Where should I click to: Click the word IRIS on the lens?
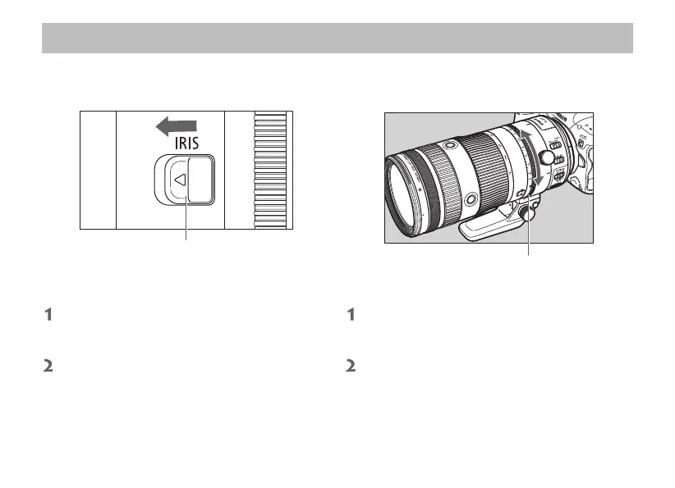pyautogui.click(x=187, y=144)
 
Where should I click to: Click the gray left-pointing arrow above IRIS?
pyautogui.click(x=176, y=126)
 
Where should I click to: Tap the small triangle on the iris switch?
pyautogui.click(x=181, y=180)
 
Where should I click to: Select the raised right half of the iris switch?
pyautogui.click(x=201, y=180)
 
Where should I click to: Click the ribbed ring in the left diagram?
pyautogui.click(x=270, y=170)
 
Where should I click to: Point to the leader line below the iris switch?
pyautogui.click(x=186, y=218)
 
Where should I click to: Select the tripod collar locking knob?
pyautogui.click(x=526, y=212)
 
